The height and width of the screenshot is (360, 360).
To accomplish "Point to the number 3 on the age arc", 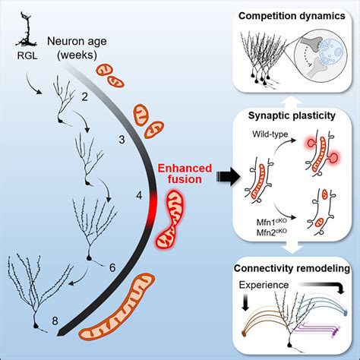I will click(x=123, y=139).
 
